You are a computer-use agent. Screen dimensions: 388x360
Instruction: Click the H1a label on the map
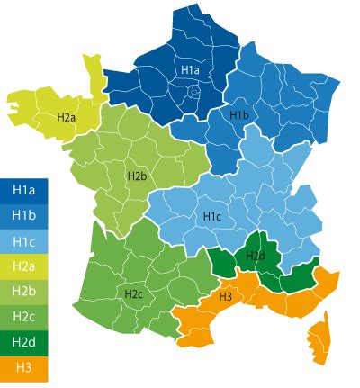pos(190,69)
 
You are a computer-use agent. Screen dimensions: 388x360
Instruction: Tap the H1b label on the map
pos(238,115)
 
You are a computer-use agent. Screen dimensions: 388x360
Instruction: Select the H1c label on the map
pos(212,216)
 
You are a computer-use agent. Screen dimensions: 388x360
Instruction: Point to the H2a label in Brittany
pos(67,117)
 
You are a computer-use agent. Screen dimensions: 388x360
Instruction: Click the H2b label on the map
pos(137,176)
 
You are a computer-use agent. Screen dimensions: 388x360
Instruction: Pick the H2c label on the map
pos(133,293)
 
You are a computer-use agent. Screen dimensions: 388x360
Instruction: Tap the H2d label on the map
pos(256,257)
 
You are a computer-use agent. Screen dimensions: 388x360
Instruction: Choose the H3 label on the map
pos(226,296)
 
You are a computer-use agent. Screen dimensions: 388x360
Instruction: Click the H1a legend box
pos(23,189)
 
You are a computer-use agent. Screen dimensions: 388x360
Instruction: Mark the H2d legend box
pos(23,342)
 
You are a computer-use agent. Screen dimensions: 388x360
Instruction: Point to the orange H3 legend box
pos(23,367)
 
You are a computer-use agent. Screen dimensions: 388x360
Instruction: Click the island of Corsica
pos(319,340)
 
